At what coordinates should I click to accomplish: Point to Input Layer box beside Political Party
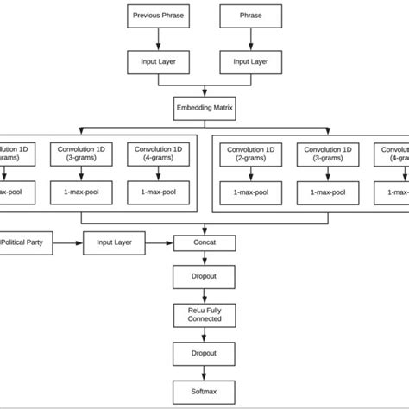pyautogui.click(x=112, y=244)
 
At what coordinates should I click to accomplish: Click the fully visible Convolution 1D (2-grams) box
pyautogui.click(x=250, y=154)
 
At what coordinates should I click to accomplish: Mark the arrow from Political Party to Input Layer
pyautogui.click(x=69, y=244)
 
